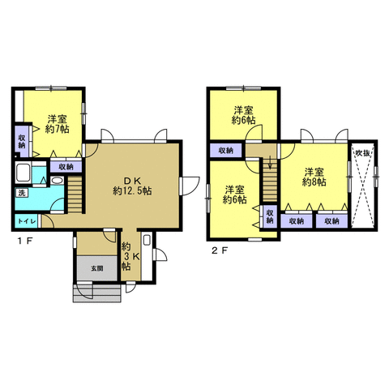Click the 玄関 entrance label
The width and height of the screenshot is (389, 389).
click(x=96, y=268)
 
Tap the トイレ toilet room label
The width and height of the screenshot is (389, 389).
click(x=27, y=221)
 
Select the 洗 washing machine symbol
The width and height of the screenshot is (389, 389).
click(x=21, y=193)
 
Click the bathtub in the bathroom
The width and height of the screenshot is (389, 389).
click(x=24, y=173)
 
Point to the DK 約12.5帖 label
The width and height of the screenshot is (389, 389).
click(x=132, y=186)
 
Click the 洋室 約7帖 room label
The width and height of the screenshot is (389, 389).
click(x=58, y=124)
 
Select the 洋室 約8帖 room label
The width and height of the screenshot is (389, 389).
click(x=314, y=177)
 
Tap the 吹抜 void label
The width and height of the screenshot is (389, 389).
click(x=362, y=153)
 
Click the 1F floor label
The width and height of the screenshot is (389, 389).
click(x=25, y=241)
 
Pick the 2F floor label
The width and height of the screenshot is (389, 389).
click(x=220, y=251)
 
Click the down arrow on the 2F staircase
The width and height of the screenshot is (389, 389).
click(x=270, y=163)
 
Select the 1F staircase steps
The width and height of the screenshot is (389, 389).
click(x=75, y=194)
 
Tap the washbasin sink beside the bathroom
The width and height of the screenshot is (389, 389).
click(x=57, y=181)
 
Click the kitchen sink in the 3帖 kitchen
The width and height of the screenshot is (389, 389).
click(x=147, y=240)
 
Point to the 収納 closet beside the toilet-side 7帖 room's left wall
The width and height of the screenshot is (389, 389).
click(x=21, y=142)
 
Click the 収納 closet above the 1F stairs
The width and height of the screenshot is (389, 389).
click(x=66, y=167)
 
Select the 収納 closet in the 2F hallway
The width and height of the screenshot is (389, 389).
click(x=226, y=150)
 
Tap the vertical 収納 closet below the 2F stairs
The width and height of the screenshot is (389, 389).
click(x=270, y=216)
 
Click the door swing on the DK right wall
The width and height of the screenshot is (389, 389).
click(x=190, y=186)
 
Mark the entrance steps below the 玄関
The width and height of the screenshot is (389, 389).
click(x=97, y=293)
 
